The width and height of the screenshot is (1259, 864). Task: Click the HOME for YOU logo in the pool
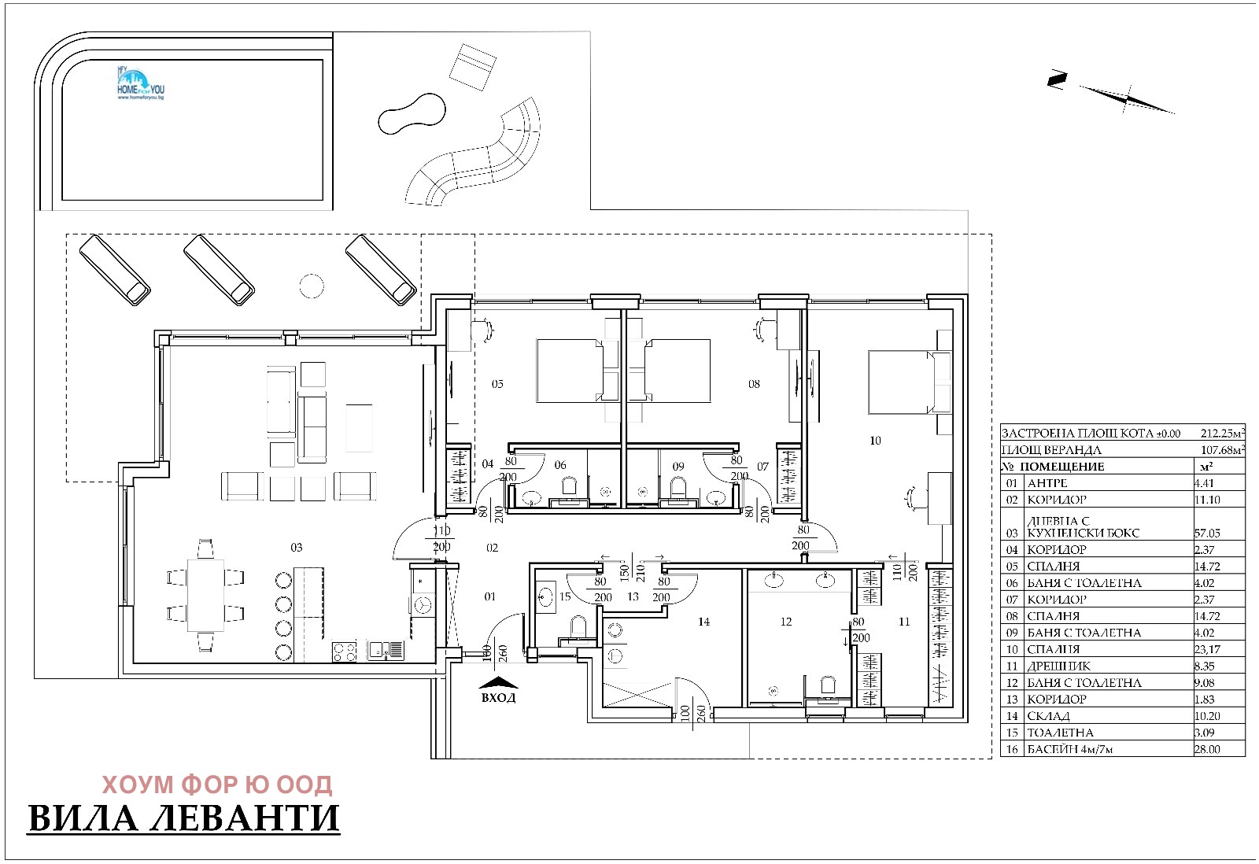(x=140, y=83)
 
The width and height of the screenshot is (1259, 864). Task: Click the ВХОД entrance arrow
(x=498, y=682)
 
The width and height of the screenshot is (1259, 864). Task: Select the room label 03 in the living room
(x=296, y=547)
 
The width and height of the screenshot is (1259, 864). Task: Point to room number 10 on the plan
(x=875, y=441)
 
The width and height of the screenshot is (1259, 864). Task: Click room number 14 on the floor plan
(x=703, y=621)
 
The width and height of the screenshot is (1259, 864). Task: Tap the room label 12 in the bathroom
(x=786, y=621)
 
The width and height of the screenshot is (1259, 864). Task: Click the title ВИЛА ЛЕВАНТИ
(x=184, y=818)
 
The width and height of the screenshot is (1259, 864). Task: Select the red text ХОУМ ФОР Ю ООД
(x=217, y=785)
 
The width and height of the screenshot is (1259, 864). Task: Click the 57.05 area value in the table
(x=1207, y=533)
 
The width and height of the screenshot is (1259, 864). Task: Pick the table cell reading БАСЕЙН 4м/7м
(x=1069, y=749)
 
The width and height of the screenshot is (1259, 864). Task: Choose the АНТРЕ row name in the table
(x=1047, y=483)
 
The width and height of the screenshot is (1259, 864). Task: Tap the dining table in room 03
(x=205, y=596)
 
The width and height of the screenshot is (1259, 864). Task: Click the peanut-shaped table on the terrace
(x=412, y=113)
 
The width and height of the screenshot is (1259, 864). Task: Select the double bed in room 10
(x=910, y=382)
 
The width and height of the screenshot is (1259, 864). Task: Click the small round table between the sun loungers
(x=312, y=286)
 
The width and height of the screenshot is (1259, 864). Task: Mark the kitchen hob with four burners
(x=344, y=652)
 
